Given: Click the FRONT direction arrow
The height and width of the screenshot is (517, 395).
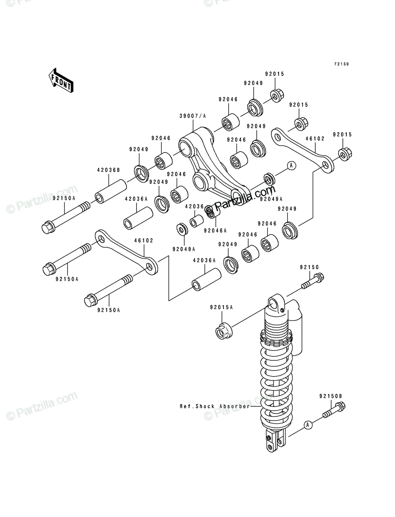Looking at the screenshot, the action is [61, 80].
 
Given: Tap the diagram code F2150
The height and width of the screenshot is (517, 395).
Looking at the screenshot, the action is [342, 64].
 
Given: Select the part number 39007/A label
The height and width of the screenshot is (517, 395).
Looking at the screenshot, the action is [193, 116].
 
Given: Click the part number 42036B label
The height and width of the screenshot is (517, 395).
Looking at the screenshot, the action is [109, 170].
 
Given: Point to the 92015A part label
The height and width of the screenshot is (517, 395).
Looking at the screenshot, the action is [221, 307].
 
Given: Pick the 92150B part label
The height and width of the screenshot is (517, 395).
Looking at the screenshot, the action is [331, 396].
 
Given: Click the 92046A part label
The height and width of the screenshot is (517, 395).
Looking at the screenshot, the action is [215, 230].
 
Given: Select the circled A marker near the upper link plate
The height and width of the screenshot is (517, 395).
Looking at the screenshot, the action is [292, 165].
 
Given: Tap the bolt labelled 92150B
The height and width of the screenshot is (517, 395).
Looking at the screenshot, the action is [334, 410].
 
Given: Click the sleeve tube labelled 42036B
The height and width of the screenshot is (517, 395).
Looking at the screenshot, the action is [111, 191].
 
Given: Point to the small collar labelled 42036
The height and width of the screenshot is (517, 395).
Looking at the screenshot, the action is [196, 221].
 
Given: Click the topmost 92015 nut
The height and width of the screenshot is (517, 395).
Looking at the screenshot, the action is [277, 95].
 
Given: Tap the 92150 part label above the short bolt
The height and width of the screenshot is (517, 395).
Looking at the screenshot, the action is [309, 268].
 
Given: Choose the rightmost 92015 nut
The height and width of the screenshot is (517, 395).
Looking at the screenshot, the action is [345, 154].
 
